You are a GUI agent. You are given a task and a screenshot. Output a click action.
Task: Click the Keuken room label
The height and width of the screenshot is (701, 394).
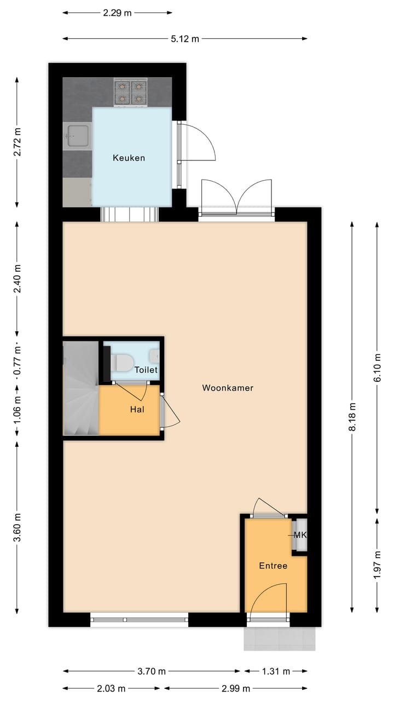tap(129, 158)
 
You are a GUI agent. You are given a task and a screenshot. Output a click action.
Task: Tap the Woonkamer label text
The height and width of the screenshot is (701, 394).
tap(228, 388)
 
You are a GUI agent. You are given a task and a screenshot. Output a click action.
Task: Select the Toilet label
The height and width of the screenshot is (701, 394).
tap(146, 370)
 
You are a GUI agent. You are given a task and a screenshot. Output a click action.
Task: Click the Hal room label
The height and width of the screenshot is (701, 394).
tap(137, 409)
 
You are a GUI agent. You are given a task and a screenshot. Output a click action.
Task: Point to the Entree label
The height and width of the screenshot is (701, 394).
tap(273, 566)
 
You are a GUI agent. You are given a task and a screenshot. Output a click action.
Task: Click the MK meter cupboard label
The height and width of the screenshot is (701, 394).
tap(300, 535)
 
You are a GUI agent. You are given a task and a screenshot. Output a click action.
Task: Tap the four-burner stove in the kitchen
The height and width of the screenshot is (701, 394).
tap(131, 92)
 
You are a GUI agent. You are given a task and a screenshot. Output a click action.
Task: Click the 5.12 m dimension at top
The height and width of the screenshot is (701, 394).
tap(185, 39)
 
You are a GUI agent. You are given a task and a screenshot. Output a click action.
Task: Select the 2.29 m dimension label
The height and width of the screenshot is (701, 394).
tap(117, 13)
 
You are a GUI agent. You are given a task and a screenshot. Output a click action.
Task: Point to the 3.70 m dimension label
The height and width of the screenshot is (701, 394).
tap(152, 671)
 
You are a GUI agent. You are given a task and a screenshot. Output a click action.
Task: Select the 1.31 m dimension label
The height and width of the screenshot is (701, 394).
tap(275, 671)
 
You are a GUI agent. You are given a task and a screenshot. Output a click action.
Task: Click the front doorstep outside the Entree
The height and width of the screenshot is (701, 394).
tap(279, 639)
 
